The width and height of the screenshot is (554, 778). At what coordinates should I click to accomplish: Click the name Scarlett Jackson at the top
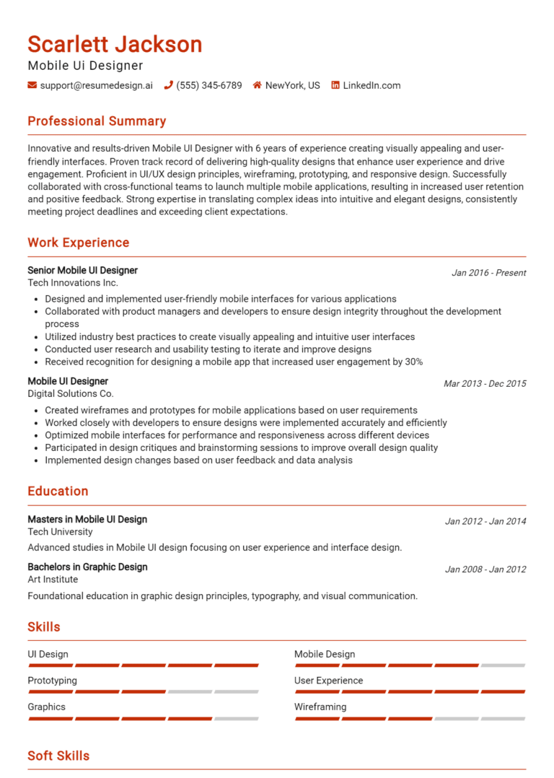pyautogui.click(x=115, y=45)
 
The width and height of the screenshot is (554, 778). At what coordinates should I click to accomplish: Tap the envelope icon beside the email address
pyautogui.click(x=32, y=85)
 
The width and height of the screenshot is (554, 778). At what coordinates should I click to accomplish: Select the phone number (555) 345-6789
pyautogui.click(x=209, y=85)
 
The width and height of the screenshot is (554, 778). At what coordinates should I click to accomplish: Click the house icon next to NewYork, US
pyautogui.click(x=257, y=85)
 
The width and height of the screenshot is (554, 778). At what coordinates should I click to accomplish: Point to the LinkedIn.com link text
pyautogui.click(x=371, y=85)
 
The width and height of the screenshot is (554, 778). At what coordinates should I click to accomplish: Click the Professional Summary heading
pyautogui.click(x=97, y=121)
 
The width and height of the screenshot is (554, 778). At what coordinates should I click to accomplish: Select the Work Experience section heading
pyautogui.click(x=79, y=242)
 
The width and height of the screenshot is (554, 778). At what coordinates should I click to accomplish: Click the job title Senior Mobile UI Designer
pyautogui.click(x=82, y=271)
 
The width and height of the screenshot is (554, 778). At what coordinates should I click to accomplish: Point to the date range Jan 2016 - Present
pyautogui.click(x=488, y=273)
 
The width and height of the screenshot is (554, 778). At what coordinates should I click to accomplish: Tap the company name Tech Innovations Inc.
pyautogui.click(x=73, y=283)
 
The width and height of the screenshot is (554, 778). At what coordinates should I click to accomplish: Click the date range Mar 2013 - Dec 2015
pyautogui.click(x=485, y=384)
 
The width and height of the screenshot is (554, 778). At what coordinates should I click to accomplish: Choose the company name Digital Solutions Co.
pyautogui.click(x=71, y=394)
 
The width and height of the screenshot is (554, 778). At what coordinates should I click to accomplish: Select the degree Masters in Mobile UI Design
pyautogui.click(x=87, y=520)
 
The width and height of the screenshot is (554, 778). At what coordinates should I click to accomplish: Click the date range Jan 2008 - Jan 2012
pyautogui.click(x=485, y=569)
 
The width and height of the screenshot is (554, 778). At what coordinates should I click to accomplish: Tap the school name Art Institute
pyautogui.click(x=53, y=580)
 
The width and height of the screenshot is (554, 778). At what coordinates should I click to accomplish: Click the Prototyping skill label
pyautogui.click(x=52, y=681)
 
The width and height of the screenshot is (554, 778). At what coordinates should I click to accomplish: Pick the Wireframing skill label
pyautogui.click(x=320, y=707)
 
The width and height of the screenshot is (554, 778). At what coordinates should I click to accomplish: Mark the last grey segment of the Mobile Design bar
pyautogui.click(x=503, y=665)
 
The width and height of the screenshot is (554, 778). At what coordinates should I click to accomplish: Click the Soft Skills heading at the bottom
pyautogui.click(x=58, y=756)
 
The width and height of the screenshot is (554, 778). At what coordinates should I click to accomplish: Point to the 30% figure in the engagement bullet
pyautogui.click(x=414, y=362)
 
